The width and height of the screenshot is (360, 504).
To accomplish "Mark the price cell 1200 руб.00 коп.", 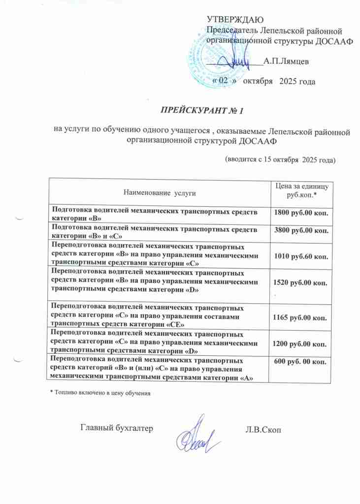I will pyautogui.click(x=300, y=344).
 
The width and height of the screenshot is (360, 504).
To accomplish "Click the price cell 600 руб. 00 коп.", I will pyautogui.click(x=300, y=363).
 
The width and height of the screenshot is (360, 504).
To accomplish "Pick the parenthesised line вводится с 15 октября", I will pyautogui.click(x=280, y=159).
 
